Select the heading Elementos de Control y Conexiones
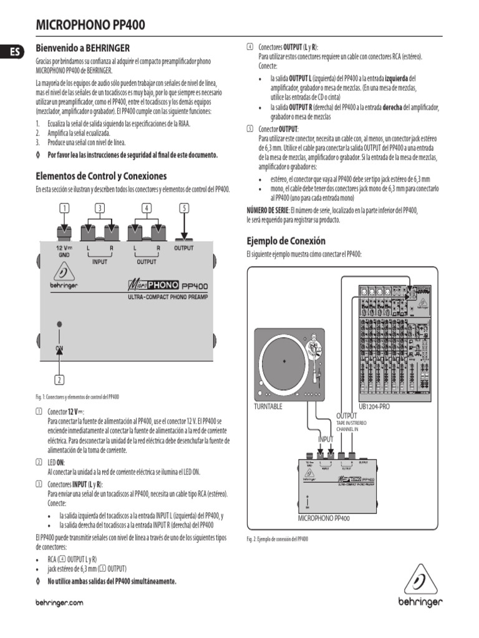pyautogui.click(x=101, y=176)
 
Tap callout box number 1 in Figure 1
pyautogui.click(x=64, y=208)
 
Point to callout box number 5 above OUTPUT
pyautogui.click(x=183, y=208)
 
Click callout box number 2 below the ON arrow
pyautogui.click(x=59, y=379)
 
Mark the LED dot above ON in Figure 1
pyautogui.click(x=59, y=324)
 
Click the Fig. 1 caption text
pyautogui.click(x=78, y=396)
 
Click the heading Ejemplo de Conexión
pyautogui.click(x=286, y=240)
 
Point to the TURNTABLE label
pyautogui.click(x=268, y=406)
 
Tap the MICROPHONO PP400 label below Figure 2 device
pyautogui.click(x=323, y=518)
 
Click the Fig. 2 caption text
pyautogui.click(x=277, y=539)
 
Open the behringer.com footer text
pyautogui.click(x=60, y=603)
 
